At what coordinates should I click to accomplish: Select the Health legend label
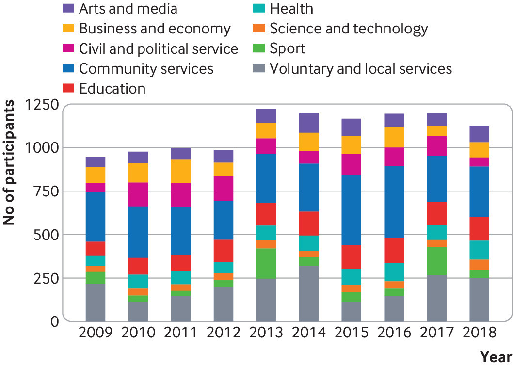point(291,9)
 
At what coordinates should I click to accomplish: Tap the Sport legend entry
point(288,48)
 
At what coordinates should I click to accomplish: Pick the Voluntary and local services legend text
point(361,68)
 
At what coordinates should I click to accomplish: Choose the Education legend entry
point(112,89)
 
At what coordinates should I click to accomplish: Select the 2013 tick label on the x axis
point(266,333)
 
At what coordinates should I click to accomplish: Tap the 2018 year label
point(479,333)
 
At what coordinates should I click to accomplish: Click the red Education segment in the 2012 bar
point(224,251)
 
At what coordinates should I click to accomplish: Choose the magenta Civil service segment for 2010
point(138,194)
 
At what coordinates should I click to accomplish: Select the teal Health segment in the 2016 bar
point(394,272)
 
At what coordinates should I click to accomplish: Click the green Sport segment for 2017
point(436,261)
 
